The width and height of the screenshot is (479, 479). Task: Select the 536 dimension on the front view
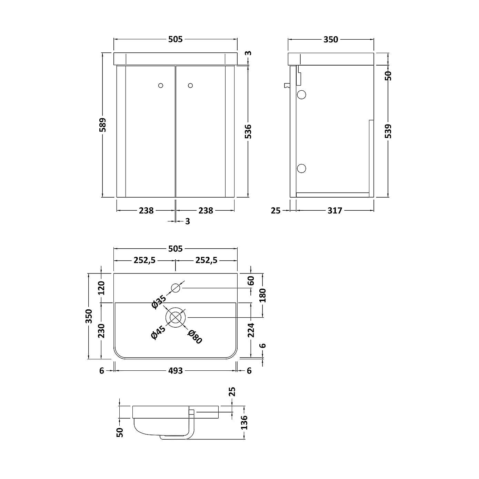click(248, 131)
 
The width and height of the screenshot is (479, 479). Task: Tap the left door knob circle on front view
click(160, 85)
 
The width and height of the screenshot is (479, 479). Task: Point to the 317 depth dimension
click(335, 210)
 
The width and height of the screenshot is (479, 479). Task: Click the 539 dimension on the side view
click(388, 131)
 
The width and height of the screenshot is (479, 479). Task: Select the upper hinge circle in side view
click(301, 94)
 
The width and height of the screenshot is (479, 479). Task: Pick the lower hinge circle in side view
click(301, 168)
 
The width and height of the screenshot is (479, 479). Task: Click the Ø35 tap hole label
click(159, 301)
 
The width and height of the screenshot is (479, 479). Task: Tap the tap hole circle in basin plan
click(176, 288)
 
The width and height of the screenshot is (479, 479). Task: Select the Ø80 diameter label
click(195, 337)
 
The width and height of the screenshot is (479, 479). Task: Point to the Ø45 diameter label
click(158, 332)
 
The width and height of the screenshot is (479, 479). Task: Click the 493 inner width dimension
click(176, 371)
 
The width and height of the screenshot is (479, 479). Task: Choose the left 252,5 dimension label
click(144, 260)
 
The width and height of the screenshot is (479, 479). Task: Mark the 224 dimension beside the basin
click(251, 330)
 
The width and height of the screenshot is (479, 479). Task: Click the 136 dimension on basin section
click(244, 422)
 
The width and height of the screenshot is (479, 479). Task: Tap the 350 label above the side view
click(331, 40)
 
